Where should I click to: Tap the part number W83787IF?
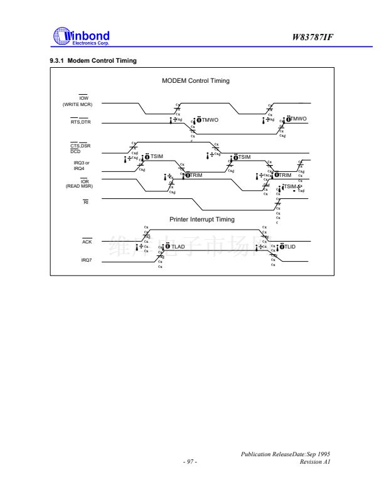click(x=312, y=37)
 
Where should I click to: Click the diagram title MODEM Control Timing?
click(x=196, y=81)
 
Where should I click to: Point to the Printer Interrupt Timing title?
click(x=202, y=219)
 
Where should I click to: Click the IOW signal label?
click(x=83, y=97)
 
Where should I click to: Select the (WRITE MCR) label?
click(x=78, y=104)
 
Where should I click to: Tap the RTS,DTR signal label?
click(x=81, y=122)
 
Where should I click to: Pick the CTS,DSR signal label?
click(x=81, y=146)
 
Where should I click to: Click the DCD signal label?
click(x=75, y=151)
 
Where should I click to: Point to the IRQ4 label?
click(x=79, y=168)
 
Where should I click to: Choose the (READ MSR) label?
click(x=79, y=186)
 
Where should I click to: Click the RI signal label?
click(x=86, y=202)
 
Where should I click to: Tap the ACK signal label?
click(x=87, y=242)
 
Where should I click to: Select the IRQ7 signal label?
click(x=87, y=259)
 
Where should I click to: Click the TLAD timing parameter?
click(x=178, y=247)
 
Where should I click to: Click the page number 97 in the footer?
click(x=190, y=462)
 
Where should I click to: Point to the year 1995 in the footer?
click(x=324, y=454)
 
